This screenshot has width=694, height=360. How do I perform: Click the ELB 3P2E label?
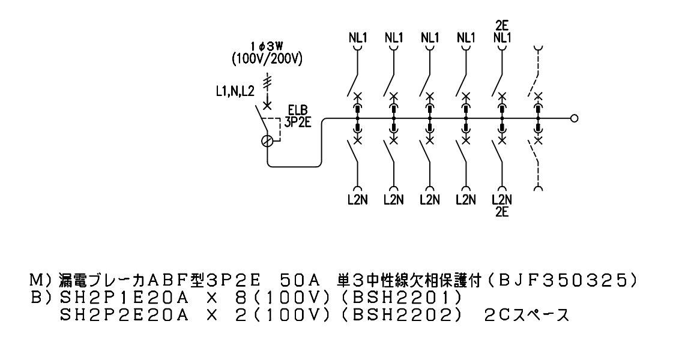pos(297,116)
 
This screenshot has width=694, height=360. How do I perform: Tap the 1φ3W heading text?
pos(267,46)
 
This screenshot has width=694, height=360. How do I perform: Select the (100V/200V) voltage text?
pos(267,59)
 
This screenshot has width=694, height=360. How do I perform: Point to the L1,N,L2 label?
pos(235,92)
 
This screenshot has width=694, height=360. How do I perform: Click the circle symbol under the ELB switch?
pos(267,141)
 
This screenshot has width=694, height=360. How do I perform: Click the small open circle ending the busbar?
pos(575,119)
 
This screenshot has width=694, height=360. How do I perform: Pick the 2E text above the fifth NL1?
pos(502,26)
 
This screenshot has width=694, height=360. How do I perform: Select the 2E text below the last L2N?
pos(502,212)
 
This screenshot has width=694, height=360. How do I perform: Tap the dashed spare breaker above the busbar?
pos(537,71)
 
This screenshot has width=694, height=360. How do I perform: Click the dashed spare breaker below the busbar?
pos(537,164)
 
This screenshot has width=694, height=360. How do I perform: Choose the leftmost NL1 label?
pos(358,38)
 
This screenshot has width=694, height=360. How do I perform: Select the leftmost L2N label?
pos(357,200)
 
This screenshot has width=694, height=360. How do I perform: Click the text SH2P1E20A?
pos(124,298)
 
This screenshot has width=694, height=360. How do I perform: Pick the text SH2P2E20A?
pos(124,315)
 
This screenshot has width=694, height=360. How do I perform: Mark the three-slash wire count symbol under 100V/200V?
pos(267,82)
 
